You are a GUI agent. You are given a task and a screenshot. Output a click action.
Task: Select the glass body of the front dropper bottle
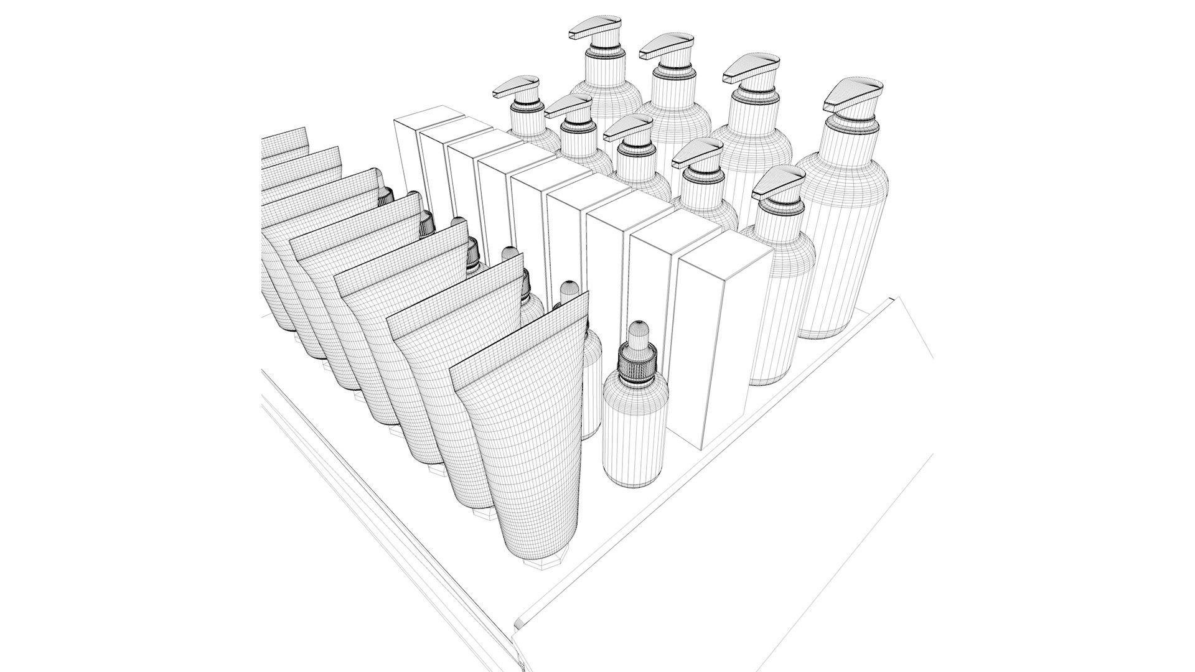(635, 436)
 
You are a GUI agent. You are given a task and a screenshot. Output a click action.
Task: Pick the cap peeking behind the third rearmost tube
(386, 197)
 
